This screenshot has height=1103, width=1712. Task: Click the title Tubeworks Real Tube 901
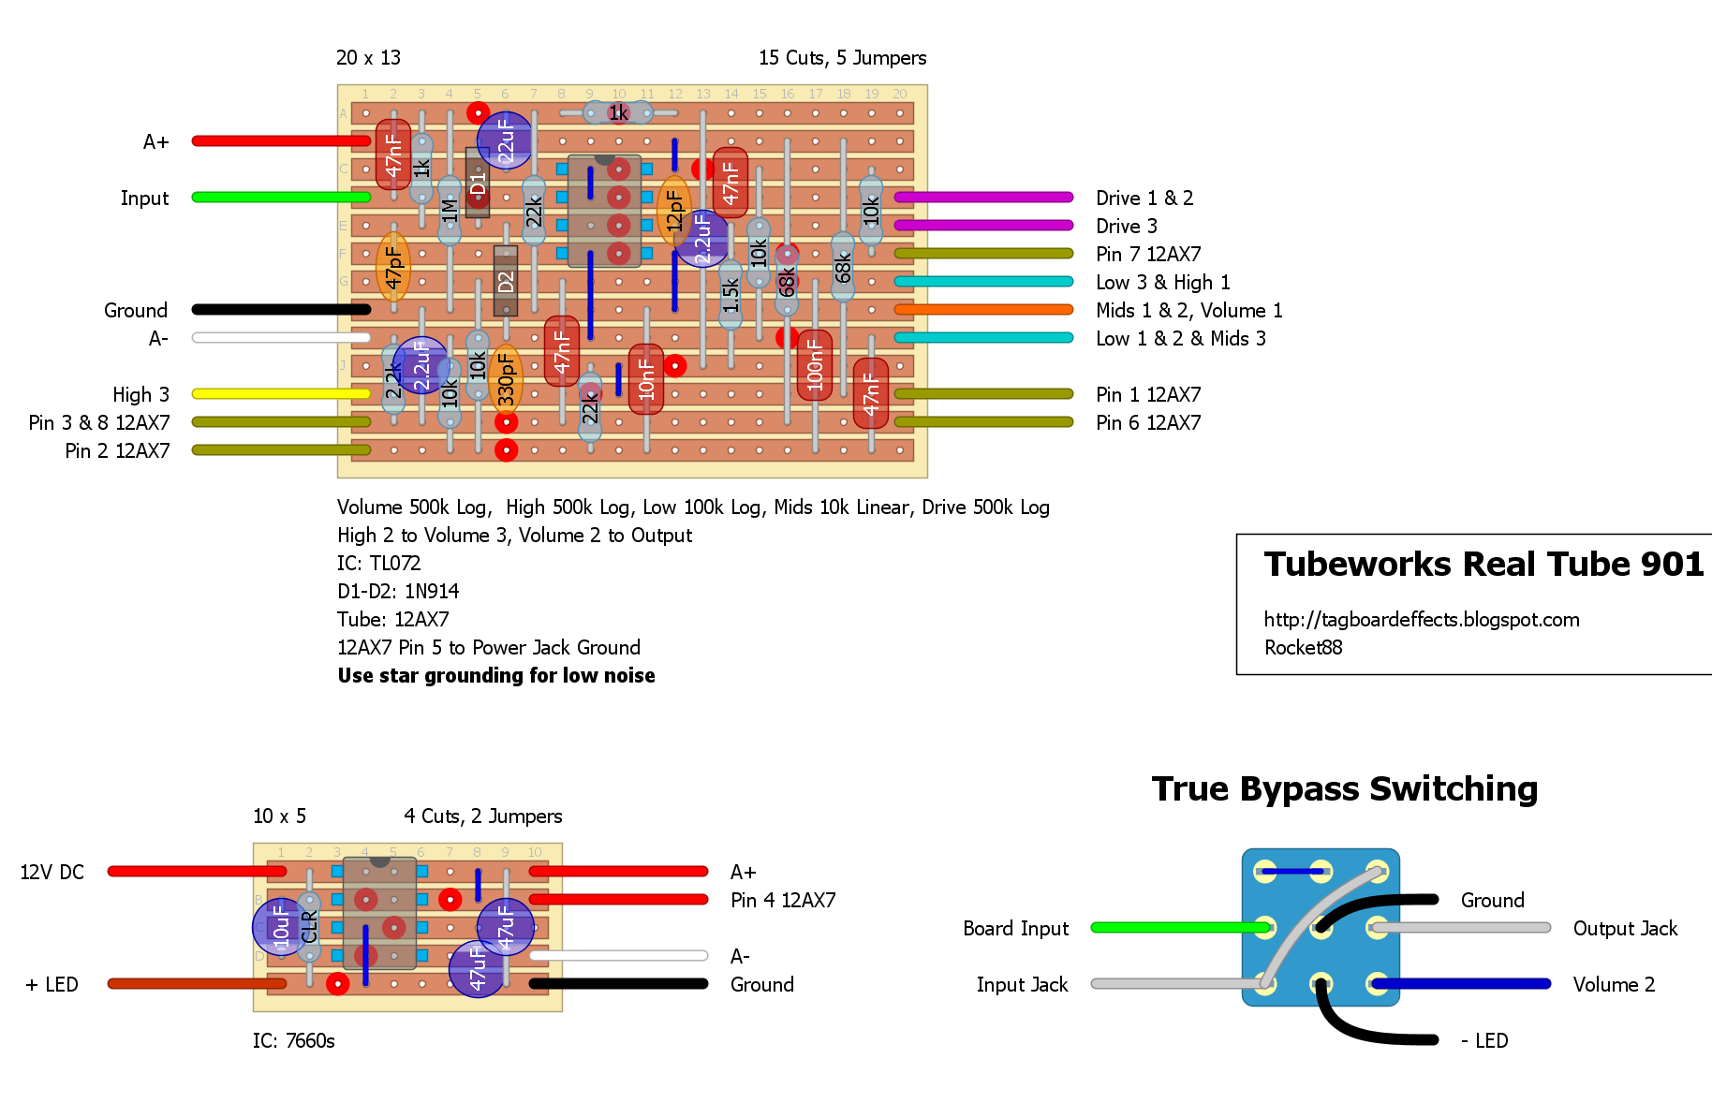1483,564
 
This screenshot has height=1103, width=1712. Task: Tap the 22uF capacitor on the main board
506,140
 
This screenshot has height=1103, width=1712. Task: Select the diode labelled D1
478,183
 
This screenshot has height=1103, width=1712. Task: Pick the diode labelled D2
506,281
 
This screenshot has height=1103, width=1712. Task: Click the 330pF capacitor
506,379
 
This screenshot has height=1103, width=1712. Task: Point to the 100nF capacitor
815,365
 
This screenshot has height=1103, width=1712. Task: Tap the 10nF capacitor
646,379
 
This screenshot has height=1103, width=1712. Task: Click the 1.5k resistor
731,295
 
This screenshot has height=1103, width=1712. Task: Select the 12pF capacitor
674,211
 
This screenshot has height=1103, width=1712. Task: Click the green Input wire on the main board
281,197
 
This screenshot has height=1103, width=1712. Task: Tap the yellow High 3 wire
281,393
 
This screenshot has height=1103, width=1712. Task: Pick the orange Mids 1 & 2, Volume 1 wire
983,309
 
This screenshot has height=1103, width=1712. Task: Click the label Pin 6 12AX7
1148,422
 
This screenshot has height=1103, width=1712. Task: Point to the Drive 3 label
1127,226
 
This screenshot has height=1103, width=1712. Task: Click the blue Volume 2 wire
1461,983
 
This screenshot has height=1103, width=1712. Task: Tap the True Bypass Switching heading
1345,788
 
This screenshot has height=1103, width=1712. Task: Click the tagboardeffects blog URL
1422,620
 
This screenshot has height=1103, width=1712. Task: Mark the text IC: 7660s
293,1040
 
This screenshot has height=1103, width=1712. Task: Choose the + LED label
52,984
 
